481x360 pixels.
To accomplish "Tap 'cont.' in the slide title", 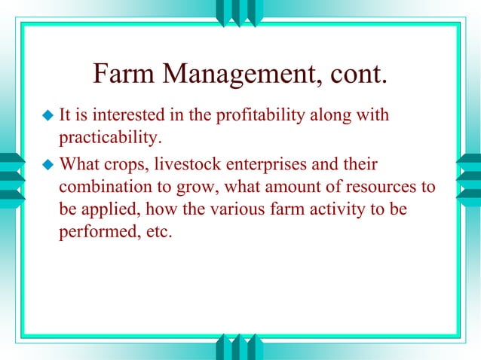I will pos(358,74).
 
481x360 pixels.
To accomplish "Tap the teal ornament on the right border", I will pos(468,177).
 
